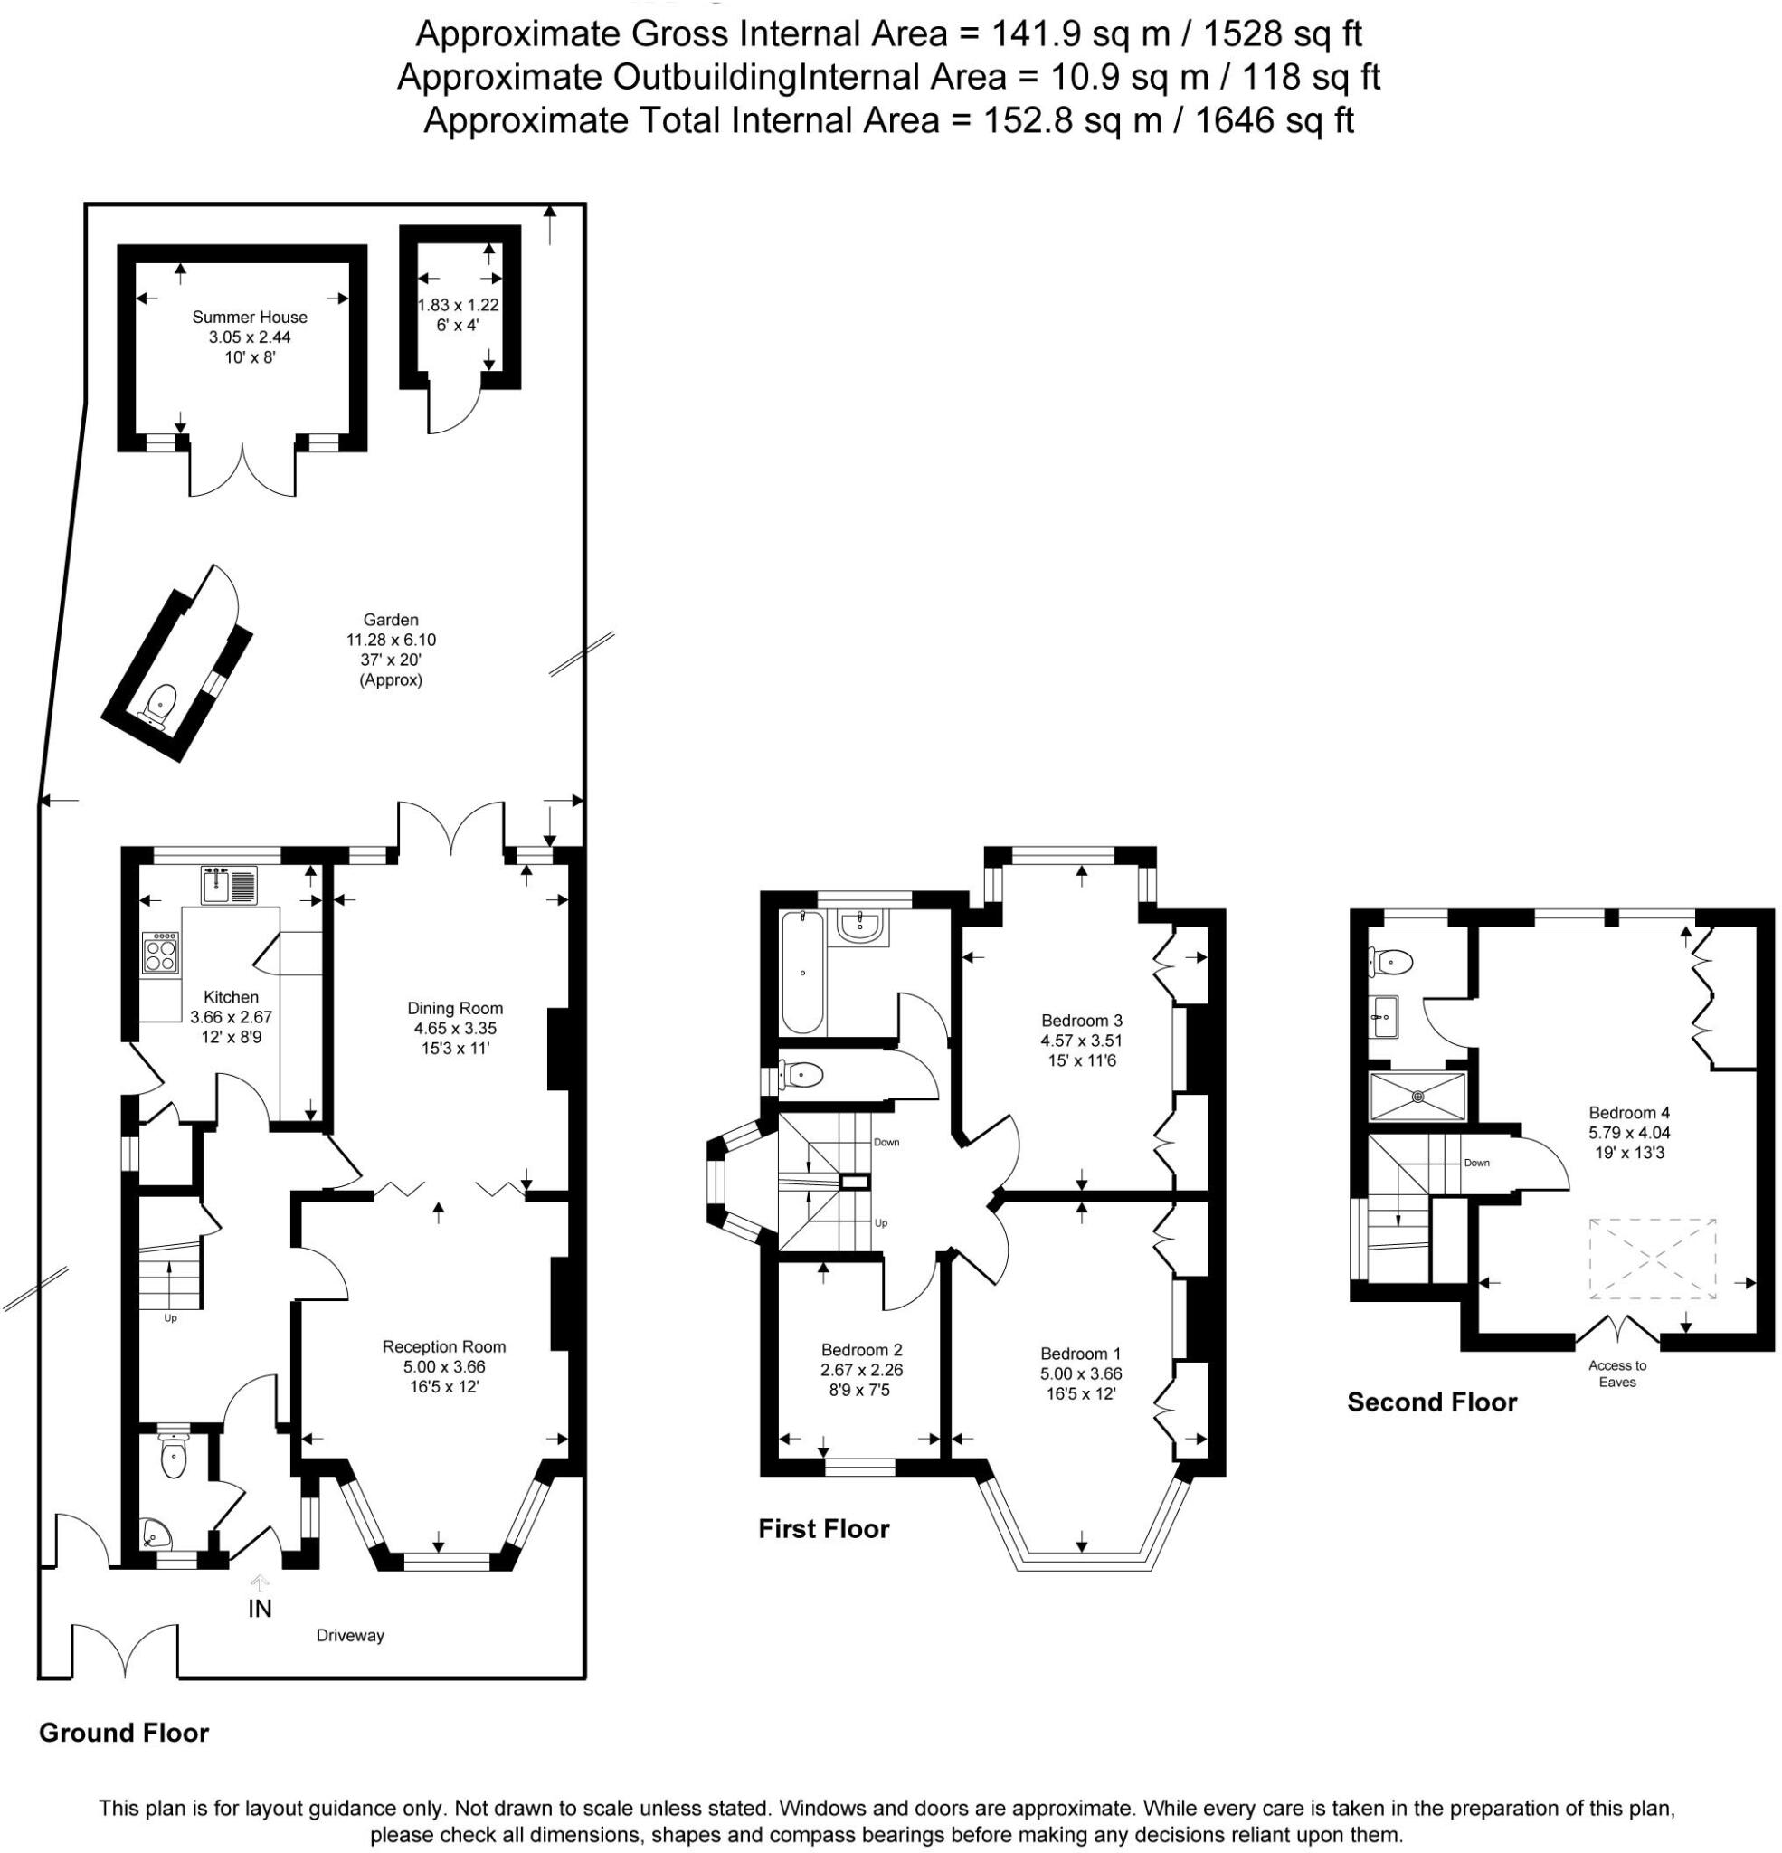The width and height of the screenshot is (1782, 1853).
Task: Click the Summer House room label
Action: [x=250, y=318]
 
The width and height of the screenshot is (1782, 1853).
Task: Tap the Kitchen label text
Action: [x=231, y=996]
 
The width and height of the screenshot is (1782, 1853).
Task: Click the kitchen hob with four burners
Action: [x=159, y=953]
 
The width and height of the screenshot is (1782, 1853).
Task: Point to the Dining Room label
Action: [x=455, y=1008]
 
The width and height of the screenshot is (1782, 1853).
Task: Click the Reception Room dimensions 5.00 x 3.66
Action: [x=444, y=1366]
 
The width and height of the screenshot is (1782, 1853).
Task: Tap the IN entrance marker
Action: [x=259, y=1607]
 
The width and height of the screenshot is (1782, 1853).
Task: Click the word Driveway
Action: [x=350, y=1636]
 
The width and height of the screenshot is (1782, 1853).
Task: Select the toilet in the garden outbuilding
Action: [x=161, y=701]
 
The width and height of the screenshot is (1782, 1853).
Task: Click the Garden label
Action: [x=391, y=620]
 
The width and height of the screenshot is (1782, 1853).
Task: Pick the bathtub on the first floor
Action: [x=802, y=972]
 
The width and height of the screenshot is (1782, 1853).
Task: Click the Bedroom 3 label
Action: [x=1082, y=1020]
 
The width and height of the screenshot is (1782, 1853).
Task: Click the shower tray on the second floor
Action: [x=1417, y=1097]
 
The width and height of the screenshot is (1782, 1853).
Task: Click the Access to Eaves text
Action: [x=1616, y=1373]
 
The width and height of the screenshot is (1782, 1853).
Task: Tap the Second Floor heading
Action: [x=1431, y=1402]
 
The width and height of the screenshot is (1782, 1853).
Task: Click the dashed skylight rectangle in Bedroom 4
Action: [x=1652, y=1259]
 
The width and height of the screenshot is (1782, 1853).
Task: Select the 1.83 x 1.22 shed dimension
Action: [x=459, y=306]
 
